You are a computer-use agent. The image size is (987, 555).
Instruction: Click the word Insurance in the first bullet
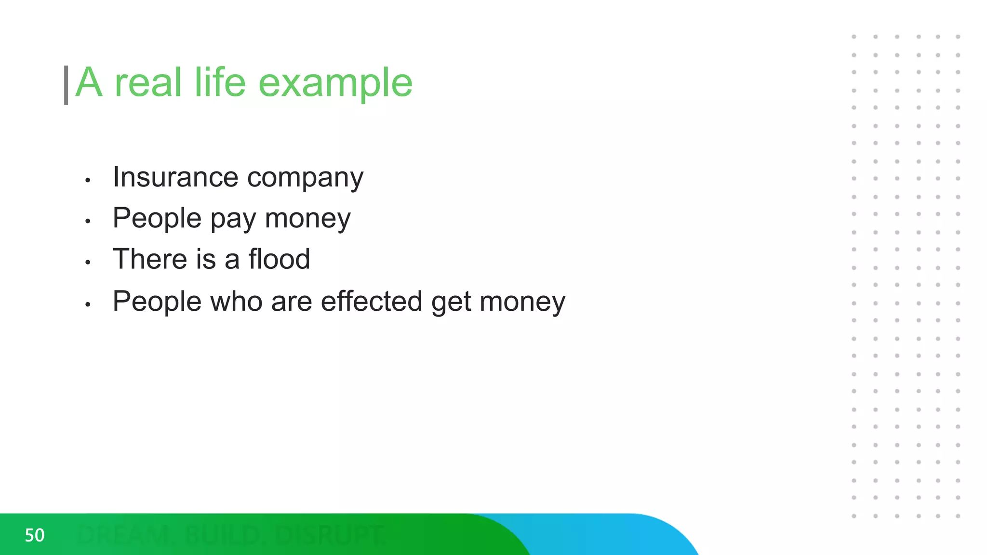175,177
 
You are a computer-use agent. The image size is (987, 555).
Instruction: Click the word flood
279,259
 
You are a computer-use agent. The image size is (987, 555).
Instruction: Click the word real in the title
148,82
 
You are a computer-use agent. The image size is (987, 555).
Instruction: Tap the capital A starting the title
89,82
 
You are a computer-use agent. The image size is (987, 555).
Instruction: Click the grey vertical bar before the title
66,85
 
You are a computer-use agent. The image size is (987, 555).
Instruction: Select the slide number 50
35,535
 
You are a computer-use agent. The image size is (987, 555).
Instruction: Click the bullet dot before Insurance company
88,180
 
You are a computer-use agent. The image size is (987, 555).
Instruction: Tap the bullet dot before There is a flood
88,263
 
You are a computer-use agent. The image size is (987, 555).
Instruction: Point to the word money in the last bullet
522,302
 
